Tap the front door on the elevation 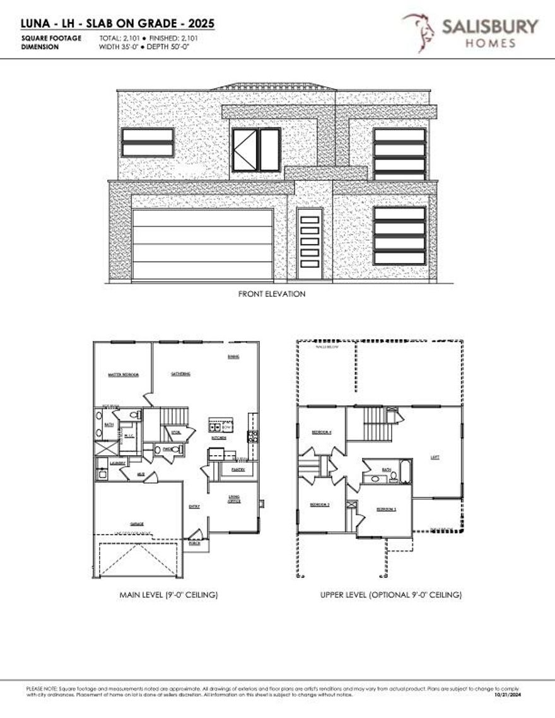click(309, 244)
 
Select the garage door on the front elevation click(202, 244)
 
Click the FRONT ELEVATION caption click(272, 294)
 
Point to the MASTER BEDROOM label click(123, 374)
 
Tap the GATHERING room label click(181, 374)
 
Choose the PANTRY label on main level click(238, 470)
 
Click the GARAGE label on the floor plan click(137, 524)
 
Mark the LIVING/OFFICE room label click(233, 500)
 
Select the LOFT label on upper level click(435, 458)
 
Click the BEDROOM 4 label click(321, 432)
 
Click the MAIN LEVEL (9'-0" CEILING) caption click(169, 595)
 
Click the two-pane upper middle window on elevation click(256, 149)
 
